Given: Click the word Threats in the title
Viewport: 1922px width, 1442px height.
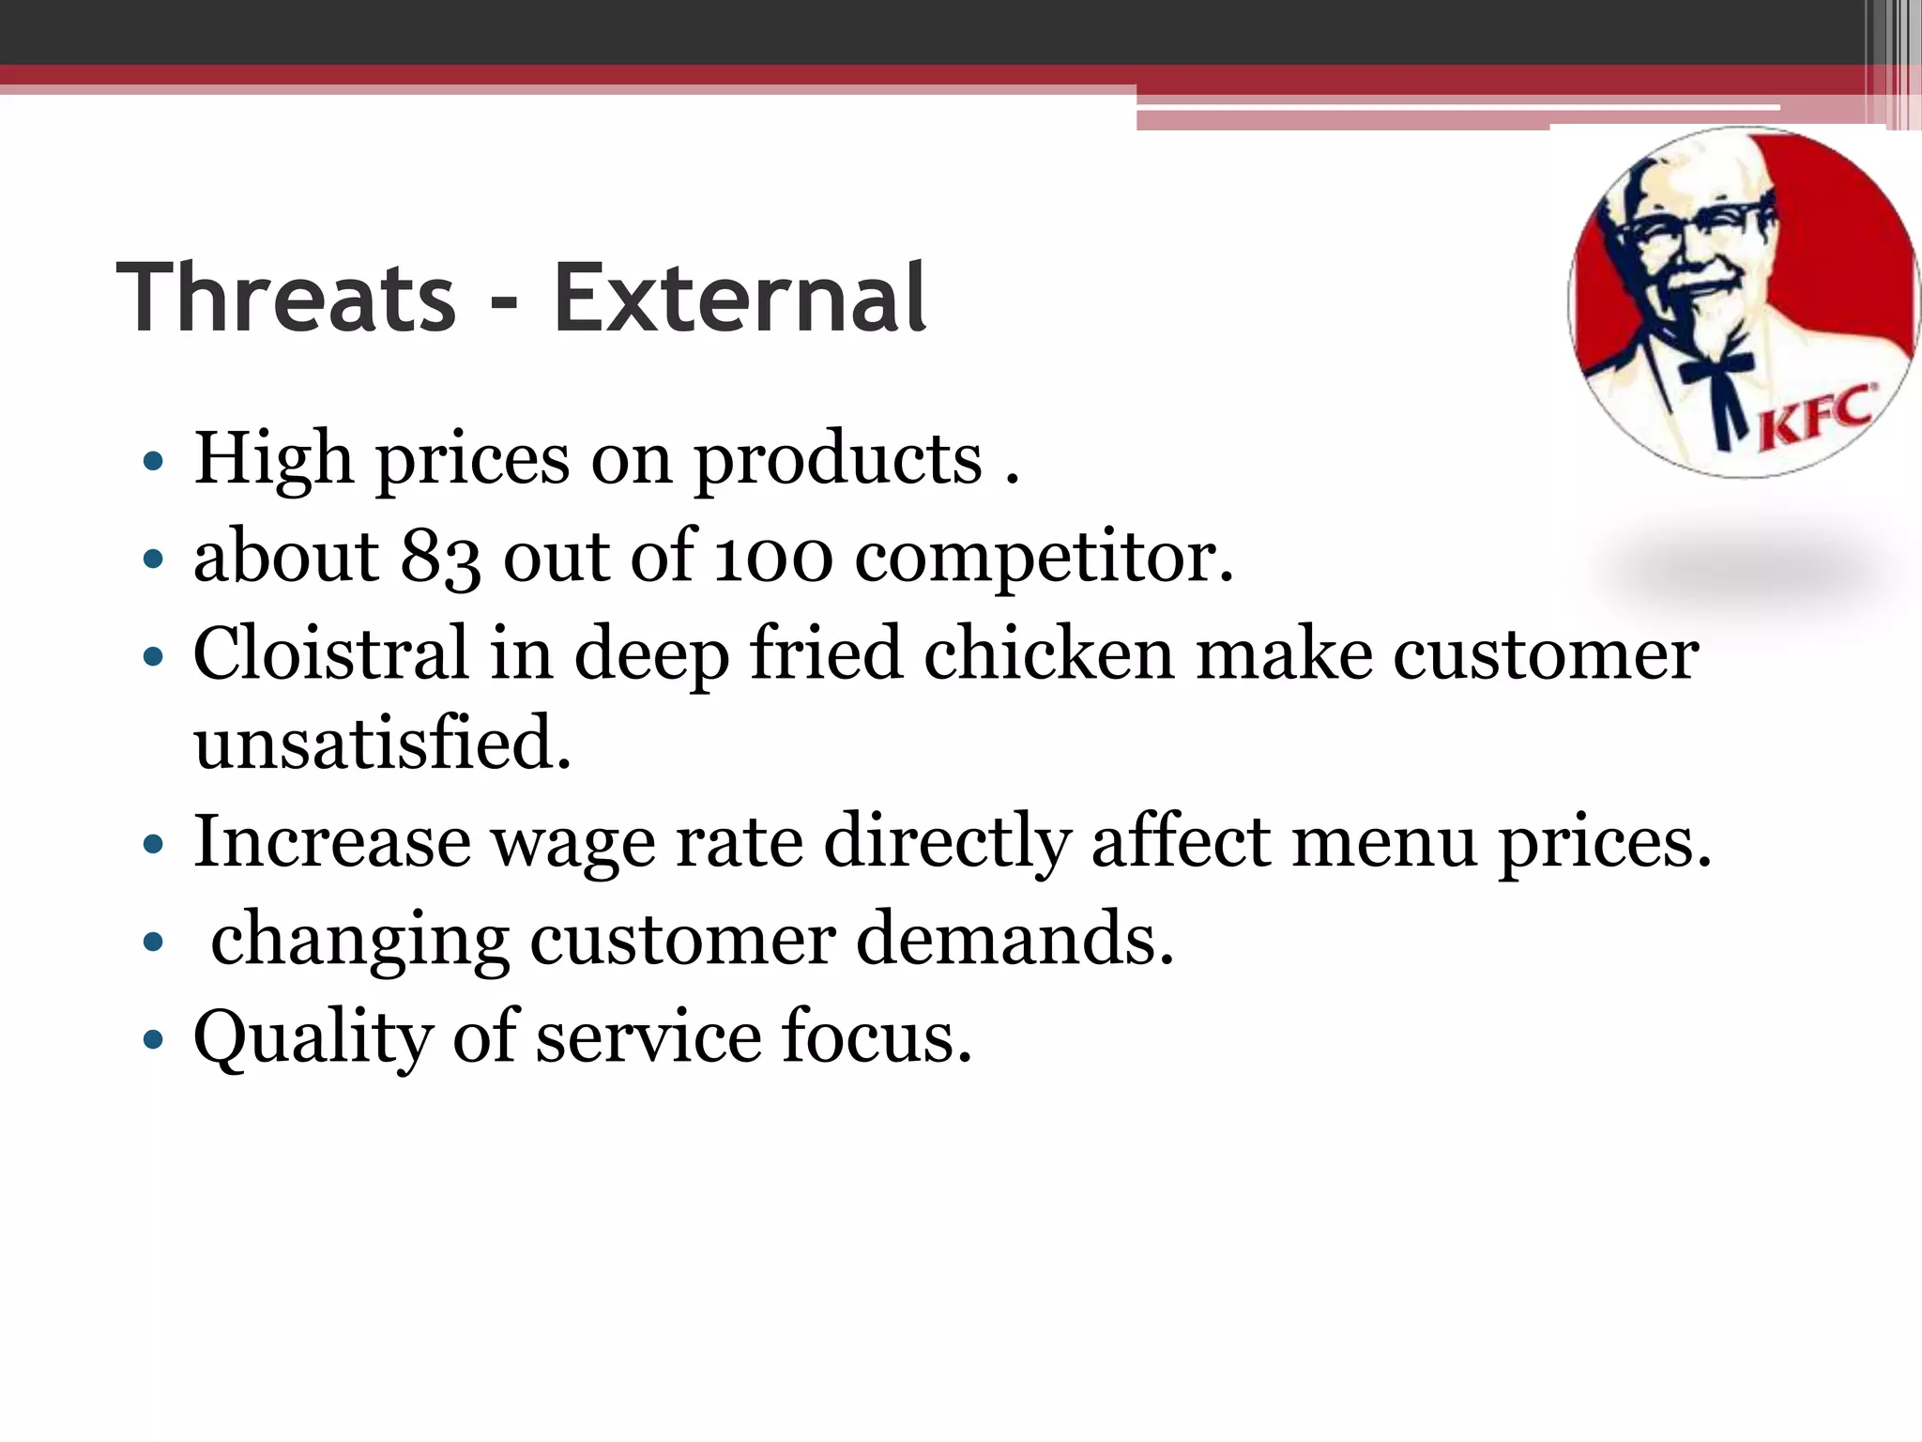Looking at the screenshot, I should tap(286, 298).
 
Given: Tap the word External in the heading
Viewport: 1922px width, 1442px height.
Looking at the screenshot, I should tap(740, 298).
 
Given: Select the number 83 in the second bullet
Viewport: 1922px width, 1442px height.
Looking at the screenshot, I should tap(440, 557).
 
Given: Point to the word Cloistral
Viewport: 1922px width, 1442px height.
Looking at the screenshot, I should tap(330, 652).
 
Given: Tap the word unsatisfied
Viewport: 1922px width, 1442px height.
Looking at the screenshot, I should tap(382, 743).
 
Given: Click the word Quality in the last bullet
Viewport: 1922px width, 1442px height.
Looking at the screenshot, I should tap(313, 1037).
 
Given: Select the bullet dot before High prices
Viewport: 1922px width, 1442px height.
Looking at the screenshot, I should tap(153, 462).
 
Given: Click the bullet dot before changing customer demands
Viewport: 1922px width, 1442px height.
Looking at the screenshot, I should tap(153, 942).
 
